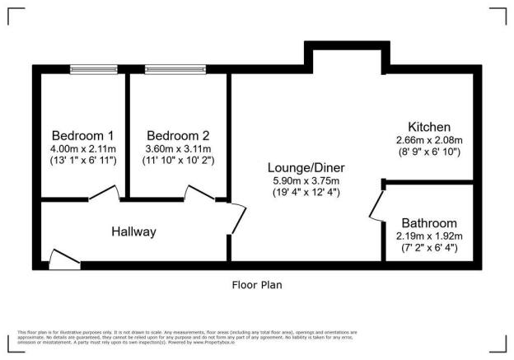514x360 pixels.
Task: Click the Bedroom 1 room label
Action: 82,135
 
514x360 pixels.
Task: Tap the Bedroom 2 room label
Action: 178,135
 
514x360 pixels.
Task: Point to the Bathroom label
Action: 428,223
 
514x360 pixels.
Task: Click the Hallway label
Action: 133,231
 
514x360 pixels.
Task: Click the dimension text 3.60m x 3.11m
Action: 178,147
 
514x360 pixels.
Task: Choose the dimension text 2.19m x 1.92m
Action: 428,236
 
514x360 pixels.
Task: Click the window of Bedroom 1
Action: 93,69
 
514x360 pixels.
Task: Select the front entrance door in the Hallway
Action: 64,259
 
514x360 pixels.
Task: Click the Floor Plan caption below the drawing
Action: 257,284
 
